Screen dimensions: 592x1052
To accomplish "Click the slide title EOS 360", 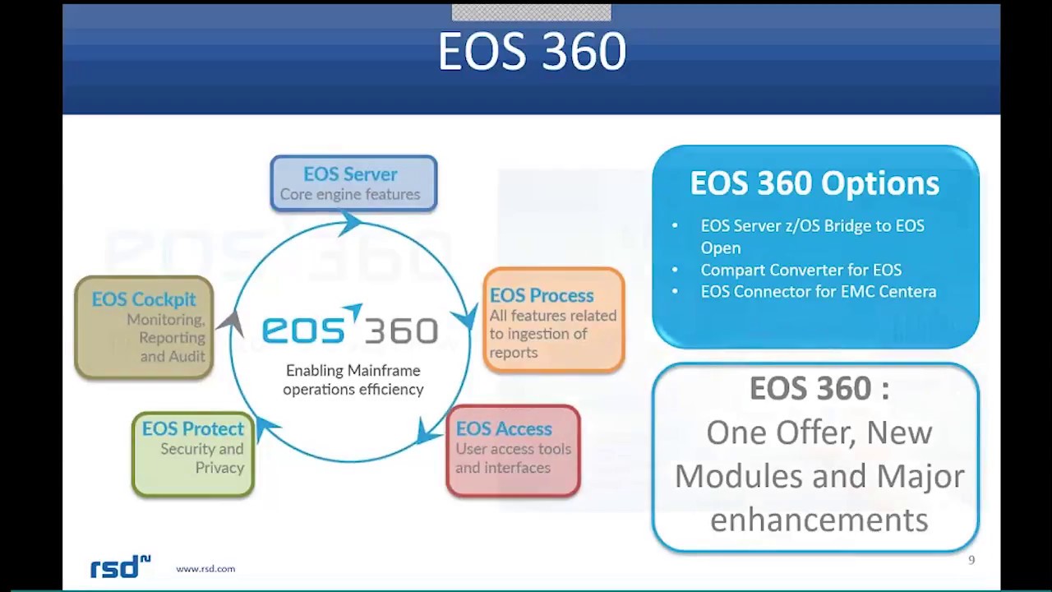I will click(x=532, y=52).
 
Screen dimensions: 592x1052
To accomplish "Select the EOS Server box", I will click(x=353, y=183).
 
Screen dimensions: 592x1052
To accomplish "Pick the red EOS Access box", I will click(x=513, y=450).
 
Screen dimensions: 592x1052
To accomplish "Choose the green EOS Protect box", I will click(x=192, y=453).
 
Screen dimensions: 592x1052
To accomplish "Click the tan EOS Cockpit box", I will click(x=144, y=327).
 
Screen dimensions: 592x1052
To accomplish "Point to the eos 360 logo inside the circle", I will click(x=350, y=327).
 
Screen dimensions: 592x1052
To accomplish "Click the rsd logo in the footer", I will click(x=120, y=567).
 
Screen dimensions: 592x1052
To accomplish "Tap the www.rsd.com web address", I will click(x=205, y=568).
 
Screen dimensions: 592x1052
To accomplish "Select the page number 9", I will click(x=971, y=560).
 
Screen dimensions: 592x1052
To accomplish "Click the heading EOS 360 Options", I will click(x=814, y=183).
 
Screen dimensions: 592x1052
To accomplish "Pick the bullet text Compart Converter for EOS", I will click(x=801, y=270).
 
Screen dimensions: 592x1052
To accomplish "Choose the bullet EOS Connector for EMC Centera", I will click(x=818, y=291).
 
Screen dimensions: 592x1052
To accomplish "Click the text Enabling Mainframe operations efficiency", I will click(x=353, y=380).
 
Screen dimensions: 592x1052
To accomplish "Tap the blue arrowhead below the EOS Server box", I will click(x=352, y=222).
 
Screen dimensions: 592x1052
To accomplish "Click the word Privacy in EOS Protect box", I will click(x=219, y=467).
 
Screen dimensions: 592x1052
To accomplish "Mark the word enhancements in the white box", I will click(x=819, y=520).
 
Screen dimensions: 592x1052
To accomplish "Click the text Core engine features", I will click(x=350, y=194).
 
